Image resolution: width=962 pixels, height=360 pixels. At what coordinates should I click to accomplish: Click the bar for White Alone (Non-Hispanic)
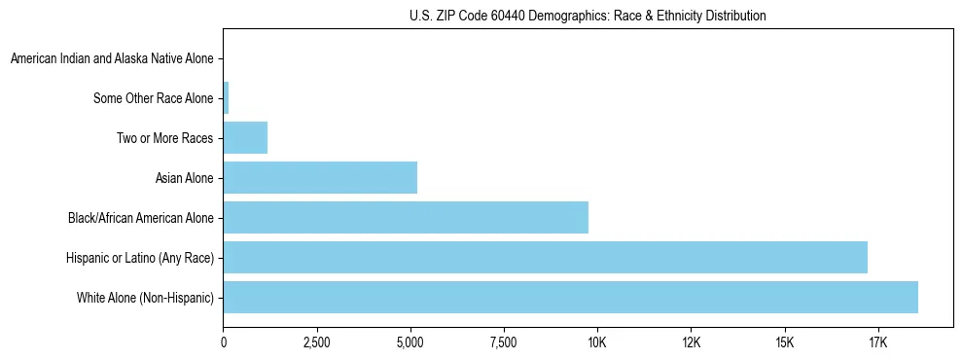point(570,297)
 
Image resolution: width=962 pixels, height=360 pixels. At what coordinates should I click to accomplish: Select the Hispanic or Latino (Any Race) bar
point(545,257)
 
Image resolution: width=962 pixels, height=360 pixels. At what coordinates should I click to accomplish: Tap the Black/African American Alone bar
point(406,217)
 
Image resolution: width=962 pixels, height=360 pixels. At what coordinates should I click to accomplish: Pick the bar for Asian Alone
point(320,177)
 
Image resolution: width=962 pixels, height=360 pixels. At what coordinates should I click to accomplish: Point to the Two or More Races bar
point(245,137)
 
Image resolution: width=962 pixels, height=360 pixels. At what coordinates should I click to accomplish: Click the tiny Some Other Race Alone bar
point(226,97)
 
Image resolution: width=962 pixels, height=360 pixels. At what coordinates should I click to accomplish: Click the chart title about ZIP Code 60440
point(588,16)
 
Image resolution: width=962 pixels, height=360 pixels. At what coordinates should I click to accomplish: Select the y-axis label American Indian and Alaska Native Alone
point(112,58)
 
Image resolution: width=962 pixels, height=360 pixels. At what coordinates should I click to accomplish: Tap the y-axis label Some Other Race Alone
point(154,98)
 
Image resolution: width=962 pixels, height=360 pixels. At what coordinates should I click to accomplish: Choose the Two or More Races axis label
point(165,138)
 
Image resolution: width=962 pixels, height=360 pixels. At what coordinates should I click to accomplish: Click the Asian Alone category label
point(184,178)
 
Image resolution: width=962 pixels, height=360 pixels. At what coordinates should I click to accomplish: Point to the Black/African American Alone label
point(140,218)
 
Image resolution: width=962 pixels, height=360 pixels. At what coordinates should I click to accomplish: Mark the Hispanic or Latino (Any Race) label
point(139,258)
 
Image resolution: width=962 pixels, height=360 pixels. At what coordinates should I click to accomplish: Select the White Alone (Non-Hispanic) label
point(145,298)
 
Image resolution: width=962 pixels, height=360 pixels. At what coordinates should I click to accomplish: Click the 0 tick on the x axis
point(224,342)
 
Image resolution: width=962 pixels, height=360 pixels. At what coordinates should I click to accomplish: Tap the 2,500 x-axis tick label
point(317,342)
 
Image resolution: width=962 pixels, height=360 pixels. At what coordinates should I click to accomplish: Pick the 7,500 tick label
point(504,342)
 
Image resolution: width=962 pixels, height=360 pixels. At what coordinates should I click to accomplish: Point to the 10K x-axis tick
point(597,342)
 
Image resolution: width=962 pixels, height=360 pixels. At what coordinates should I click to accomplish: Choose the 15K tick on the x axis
point(784,342)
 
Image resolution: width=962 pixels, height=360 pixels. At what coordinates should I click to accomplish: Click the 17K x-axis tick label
point(877,342)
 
